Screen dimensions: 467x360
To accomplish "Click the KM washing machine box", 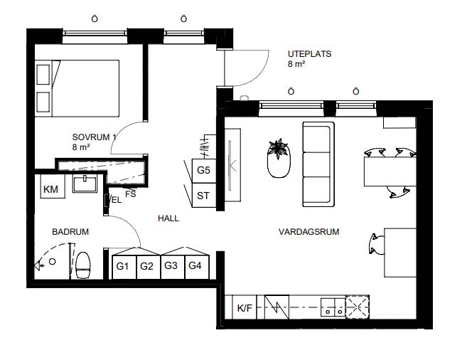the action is coord(53,186).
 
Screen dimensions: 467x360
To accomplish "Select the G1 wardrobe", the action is coord(124,267).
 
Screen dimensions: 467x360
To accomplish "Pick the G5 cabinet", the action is coord(204,171).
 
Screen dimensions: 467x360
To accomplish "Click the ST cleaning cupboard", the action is coord(204,195).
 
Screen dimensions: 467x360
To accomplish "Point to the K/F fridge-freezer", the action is coord(245,307).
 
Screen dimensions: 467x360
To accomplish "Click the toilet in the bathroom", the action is coord(82,265).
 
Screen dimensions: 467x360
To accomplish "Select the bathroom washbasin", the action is coord(85,184).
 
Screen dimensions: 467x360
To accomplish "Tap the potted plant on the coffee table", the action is coord(279,149).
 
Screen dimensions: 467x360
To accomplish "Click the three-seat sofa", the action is coord(318,164).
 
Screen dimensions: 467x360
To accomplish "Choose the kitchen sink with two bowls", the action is coord(333,307).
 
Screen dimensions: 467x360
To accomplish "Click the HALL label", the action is coord(168,218).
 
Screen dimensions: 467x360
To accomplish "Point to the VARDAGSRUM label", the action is coord(309,232).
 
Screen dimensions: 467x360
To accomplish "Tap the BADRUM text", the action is coord(70,232).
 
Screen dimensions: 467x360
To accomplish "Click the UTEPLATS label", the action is coord(309,54).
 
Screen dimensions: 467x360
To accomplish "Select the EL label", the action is coord(117,200).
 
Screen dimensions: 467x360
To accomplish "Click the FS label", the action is coord(131,194).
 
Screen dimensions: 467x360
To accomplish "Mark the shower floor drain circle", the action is coord(52,261).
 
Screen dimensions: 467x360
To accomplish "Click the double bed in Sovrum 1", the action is coord(77,88).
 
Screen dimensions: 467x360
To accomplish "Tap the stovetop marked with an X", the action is coord(358,307).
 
